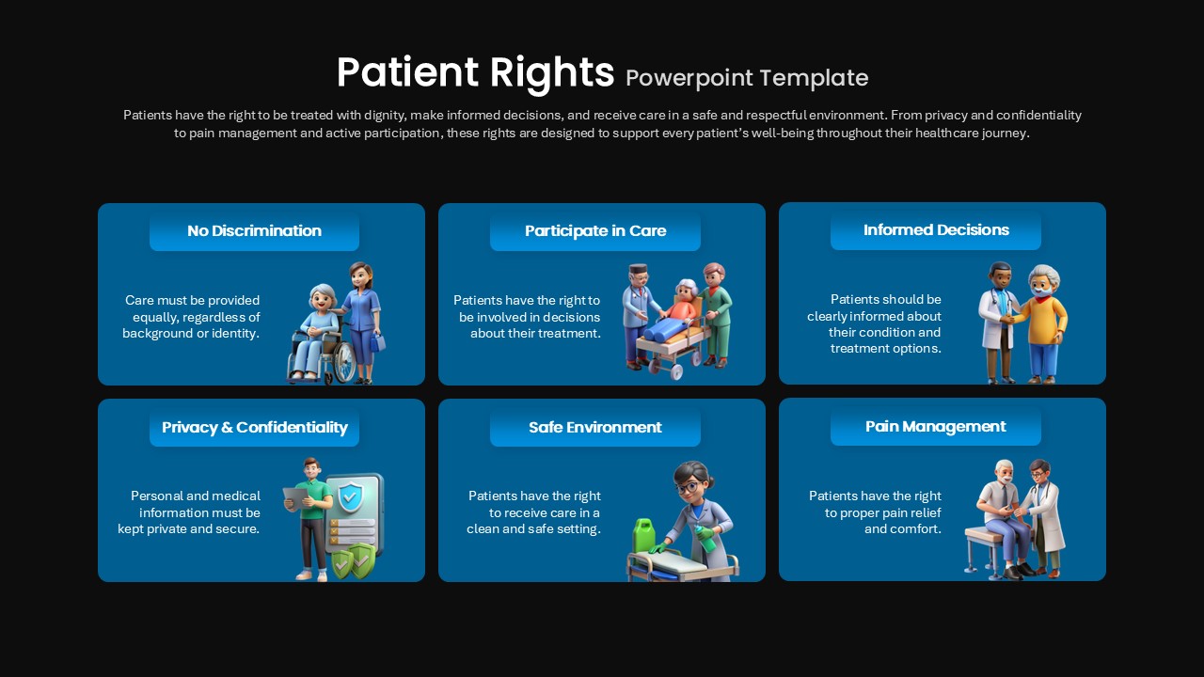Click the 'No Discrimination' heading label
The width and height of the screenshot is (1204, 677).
click(x=254, y=230)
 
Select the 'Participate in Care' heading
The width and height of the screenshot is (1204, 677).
click(x=595, y=230)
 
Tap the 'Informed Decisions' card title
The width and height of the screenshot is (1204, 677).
click(x=936, y=229)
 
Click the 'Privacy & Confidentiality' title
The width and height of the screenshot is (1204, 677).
click(x=254, y=427)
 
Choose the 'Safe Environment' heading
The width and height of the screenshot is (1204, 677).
click(x=595, y=427)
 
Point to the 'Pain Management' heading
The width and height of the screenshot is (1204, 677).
click(x=935, y=426)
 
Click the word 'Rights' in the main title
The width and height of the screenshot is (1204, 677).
click(x=551, y=73)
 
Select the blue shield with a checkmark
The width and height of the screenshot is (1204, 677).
click(x=350, y=496)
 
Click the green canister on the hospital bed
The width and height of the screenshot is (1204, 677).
click(x=644, y=535)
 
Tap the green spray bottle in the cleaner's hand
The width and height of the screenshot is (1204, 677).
click(x=705, y=538)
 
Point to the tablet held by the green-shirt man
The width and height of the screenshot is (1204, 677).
click(x=296, y=498)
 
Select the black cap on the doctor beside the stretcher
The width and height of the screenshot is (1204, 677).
click(x=639, y=268)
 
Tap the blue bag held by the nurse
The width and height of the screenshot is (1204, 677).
click(x=377, y=341)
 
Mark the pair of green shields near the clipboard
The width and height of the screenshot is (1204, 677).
click(x=353, y=561)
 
